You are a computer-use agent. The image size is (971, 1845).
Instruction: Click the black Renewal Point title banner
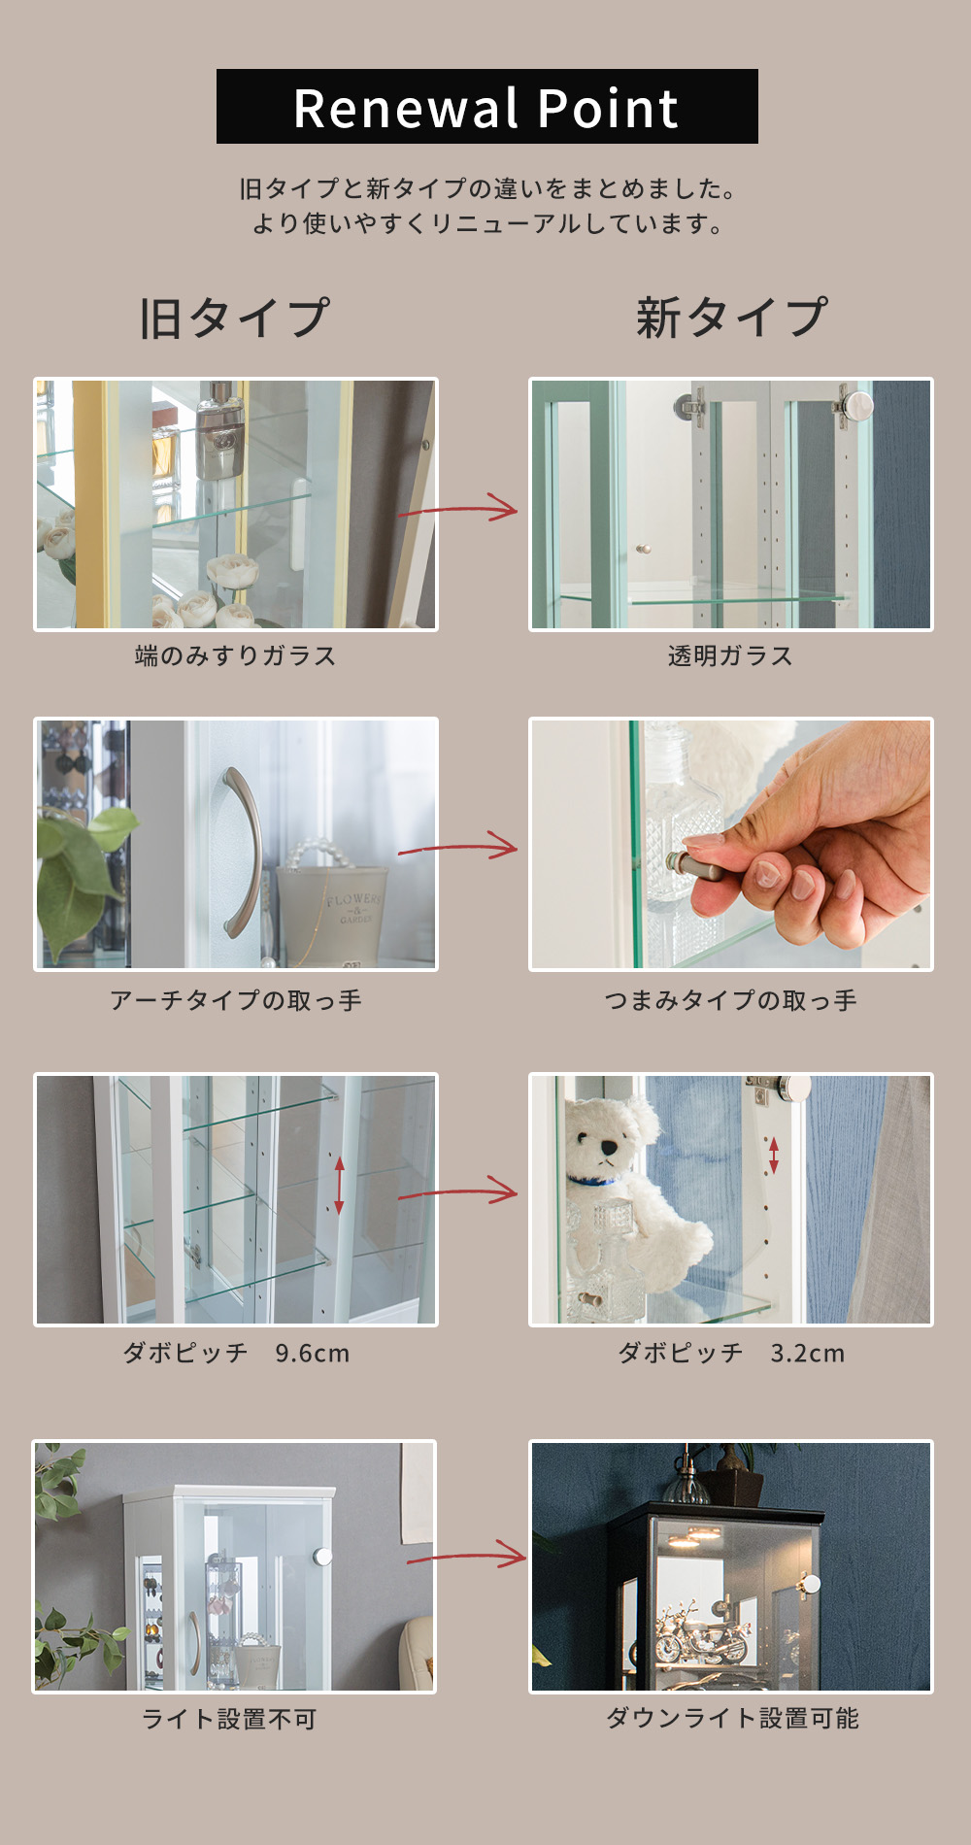tap(487, 107)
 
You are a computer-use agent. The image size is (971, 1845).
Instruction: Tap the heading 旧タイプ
tap(235, 318)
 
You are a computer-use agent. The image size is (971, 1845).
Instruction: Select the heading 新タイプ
tap(732, 318)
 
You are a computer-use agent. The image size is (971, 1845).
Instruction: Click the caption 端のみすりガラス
tap(236, 656)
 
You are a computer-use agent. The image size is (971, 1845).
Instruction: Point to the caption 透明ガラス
tap(730, 656)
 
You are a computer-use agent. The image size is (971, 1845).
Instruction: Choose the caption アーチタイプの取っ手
tap(236, 1000)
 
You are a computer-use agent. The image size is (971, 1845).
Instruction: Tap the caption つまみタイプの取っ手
tap(730, 1000)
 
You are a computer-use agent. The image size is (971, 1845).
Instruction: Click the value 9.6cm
tap(312, 1353)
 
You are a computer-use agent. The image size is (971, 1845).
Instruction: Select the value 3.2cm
tap(808, 1353)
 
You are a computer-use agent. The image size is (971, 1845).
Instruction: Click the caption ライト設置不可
tap(229, 1720)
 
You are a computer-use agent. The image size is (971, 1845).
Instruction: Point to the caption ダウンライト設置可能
tap(732, 1719)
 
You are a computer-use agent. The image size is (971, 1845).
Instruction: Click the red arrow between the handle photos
tap(458, 848)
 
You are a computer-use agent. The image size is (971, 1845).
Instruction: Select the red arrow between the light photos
tap(466, 1555)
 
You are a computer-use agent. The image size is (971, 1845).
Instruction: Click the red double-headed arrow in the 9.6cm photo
tap(339, 1185)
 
